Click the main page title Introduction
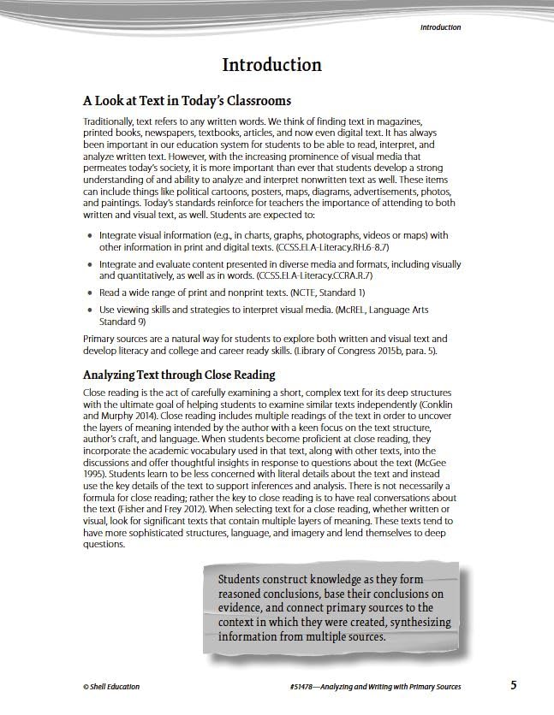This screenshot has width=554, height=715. coord(271,65)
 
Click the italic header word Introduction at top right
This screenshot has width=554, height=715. coord(440,27)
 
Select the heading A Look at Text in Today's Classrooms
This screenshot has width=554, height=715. coord(187,101)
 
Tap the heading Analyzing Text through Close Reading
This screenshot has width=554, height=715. coord(179,375)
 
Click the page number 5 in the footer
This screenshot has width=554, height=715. coord(513,685)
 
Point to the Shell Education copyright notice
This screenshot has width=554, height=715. coord(111,687)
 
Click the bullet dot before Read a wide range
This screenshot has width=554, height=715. coord(90,292)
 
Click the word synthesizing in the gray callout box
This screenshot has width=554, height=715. coord(414,623)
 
